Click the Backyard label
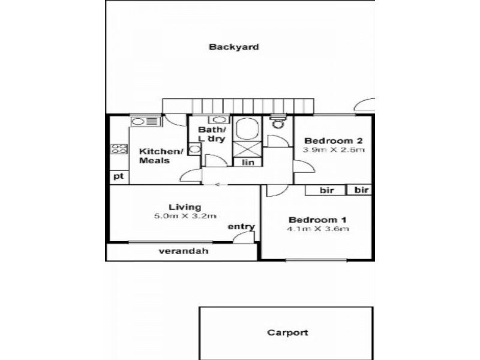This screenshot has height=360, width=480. (234, 47)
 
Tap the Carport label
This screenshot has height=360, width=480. (287, 332)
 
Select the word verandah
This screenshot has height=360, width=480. (183, 251)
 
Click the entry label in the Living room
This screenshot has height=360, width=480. (241, 227)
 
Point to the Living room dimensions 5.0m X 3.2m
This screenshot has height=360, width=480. (185, 217)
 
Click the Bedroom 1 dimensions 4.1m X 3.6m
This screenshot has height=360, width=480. (318, 229)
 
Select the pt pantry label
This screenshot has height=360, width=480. (118, 176)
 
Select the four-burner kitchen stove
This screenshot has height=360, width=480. (119, 149)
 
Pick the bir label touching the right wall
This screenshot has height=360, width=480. (361, 190)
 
